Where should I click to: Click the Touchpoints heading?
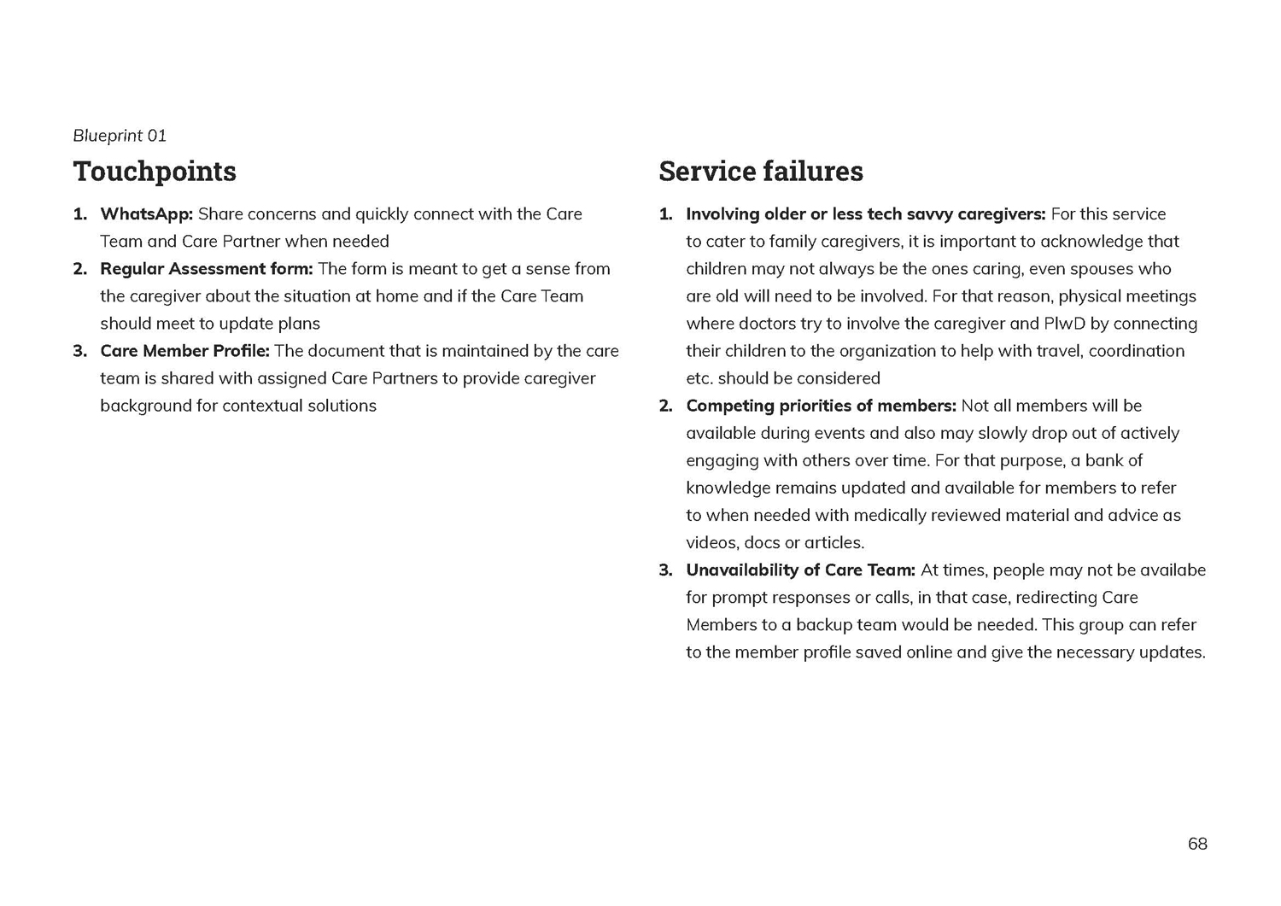[155, 172]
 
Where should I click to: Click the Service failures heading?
[760, 172]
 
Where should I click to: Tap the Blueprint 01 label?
[120, 136]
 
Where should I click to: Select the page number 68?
[1197, 845]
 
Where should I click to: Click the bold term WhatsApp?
[147, 214]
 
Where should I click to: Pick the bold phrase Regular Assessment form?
[207, 269]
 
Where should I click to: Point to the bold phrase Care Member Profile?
[184, 351]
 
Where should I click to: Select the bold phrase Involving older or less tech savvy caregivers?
[865, 214]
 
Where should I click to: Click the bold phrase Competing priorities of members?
[821, 406]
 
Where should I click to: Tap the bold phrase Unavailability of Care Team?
[800, 570]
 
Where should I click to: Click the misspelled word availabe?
[1173, 570]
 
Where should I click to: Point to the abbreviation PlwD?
[1064, 324]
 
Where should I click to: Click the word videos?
[712, 543]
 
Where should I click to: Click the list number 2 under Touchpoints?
[80, 269]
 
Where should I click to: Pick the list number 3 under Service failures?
[666, 570]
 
